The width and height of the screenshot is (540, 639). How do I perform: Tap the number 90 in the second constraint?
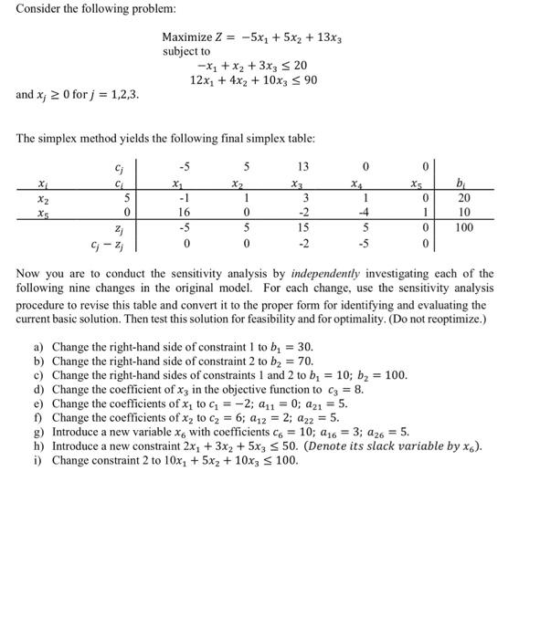[335, 80]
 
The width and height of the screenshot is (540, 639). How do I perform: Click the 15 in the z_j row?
[303, 226]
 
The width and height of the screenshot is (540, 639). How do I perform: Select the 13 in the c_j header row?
[303, 166]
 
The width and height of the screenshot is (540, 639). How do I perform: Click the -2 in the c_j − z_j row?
[303, 242]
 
